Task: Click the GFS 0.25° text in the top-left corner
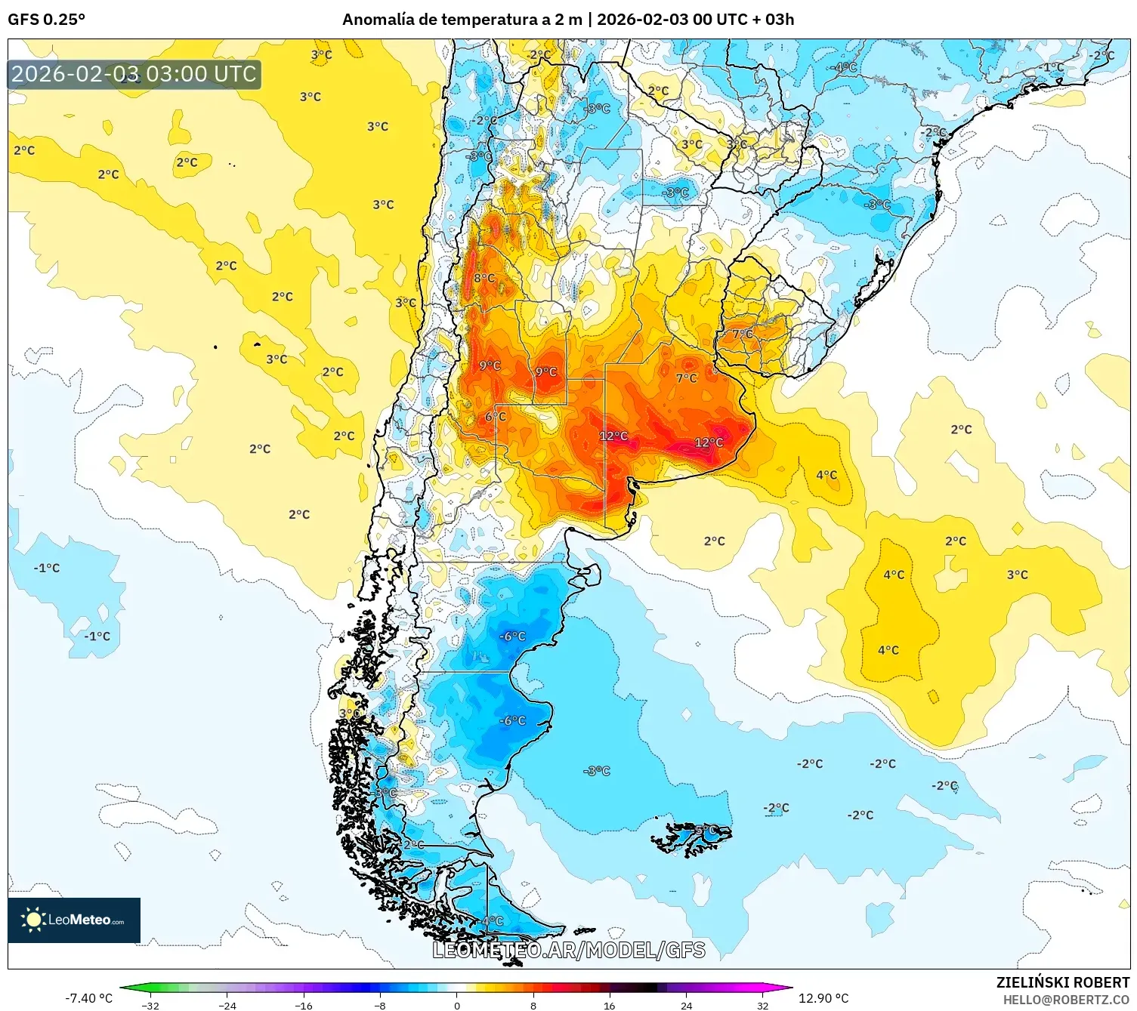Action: point(46,20)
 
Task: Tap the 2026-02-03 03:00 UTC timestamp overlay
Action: point(134,74)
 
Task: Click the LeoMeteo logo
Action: point(74,920)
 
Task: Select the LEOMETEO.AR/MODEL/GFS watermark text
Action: point(568,950)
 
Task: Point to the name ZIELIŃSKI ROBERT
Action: point(1062,982)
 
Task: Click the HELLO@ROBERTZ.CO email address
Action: point(1066,1000)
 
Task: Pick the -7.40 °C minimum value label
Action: point(88,998)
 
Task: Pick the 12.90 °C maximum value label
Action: point(823,998)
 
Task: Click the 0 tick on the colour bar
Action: point(456,1005)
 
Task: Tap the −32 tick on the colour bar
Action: point(150,1005)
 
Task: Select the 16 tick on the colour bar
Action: point(609,1005)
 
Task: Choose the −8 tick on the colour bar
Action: point(380,1005)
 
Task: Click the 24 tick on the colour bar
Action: point(686,1005)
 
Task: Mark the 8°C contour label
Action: point(484,278)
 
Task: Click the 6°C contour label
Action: point(496,417)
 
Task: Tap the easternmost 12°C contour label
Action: point(709,442)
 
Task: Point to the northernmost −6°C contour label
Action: point(512,636)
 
